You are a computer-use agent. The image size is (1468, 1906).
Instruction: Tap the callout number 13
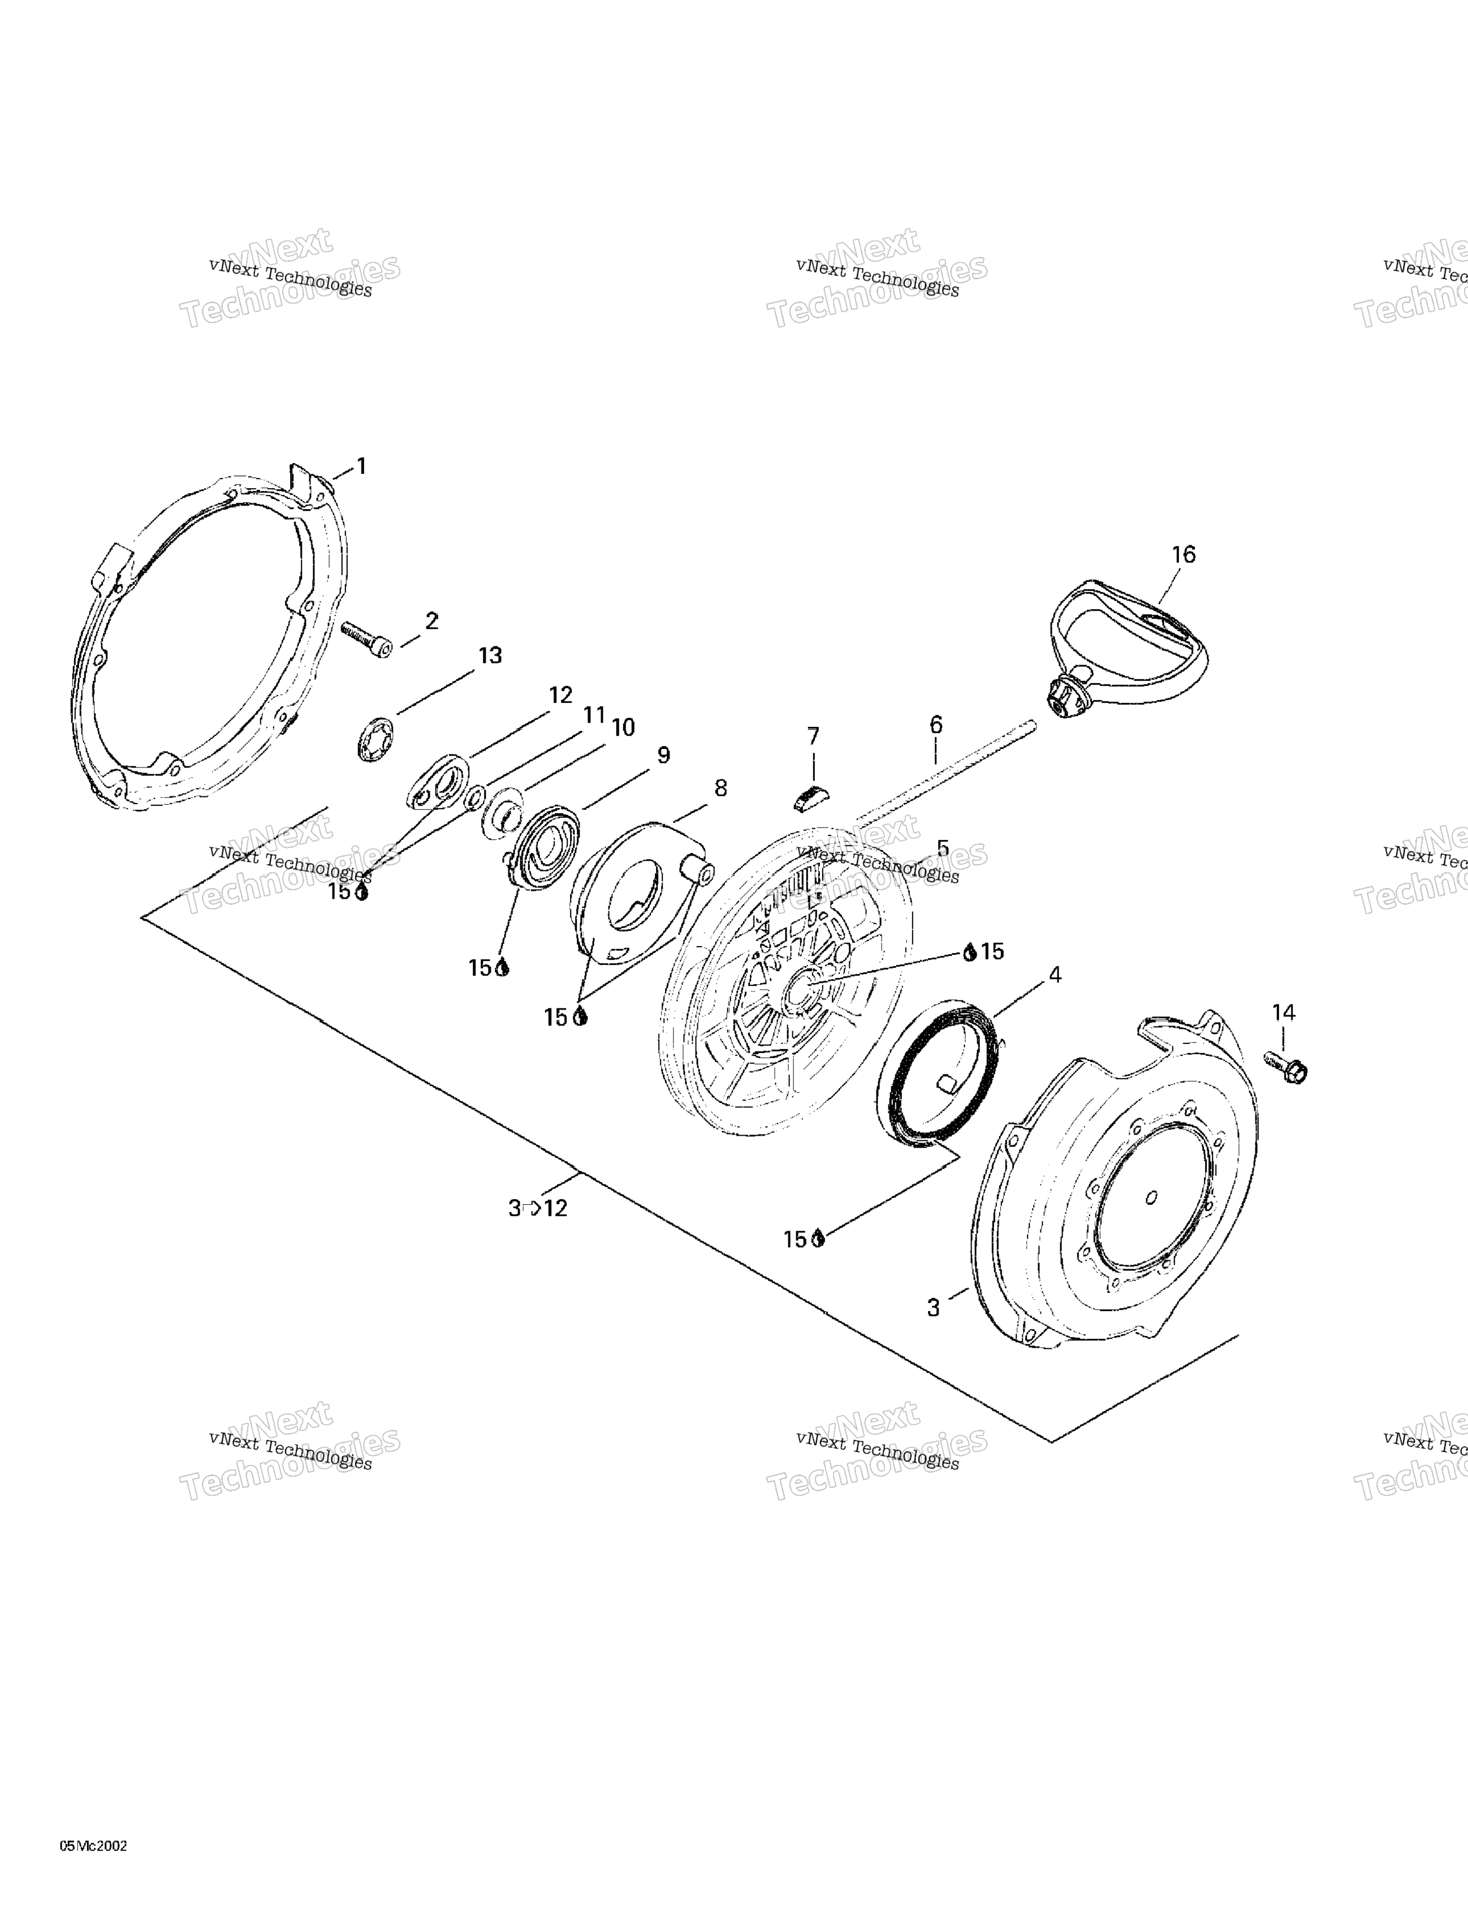[x=490, y=656]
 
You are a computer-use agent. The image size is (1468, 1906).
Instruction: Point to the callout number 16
[x=1184, y=554]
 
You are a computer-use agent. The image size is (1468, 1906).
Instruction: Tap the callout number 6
[x=936, y=725]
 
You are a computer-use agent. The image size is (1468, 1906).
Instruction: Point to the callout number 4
[x=1054, y=975]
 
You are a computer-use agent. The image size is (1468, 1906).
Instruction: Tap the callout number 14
[x=1283, y=1012]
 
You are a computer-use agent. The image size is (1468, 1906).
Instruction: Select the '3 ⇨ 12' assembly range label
[x=538, y=1208]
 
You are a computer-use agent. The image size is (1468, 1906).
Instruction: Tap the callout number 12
[x=560, y=696]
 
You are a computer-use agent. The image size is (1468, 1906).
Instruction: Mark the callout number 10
[x=623, y=727]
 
